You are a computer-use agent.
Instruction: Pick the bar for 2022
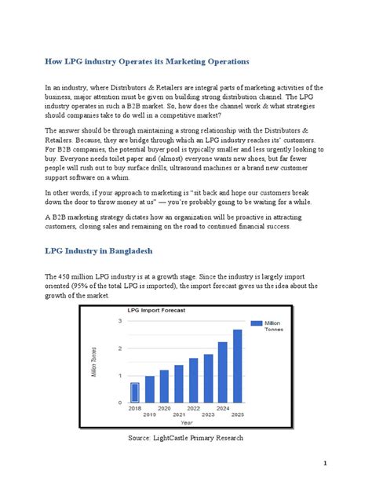click(193, 380)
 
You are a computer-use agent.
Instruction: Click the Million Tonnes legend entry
click(272, 326)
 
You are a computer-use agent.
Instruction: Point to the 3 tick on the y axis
click(120, 321)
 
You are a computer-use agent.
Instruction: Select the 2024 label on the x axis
click(222, 408)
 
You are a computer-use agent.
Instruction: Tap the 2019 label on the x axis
click(149, 414)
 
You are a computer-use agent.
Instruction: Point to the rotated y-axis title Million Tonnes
click(95, 362)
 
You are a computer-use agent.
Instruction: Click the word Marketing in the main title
click(192, 60)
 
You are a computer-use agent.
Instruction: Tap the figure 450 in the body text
click(67, 277)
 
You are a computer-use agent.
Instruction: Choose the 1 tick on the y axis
click(120, 375)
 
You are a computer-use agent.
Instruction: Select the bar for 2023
click(208, 377)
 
